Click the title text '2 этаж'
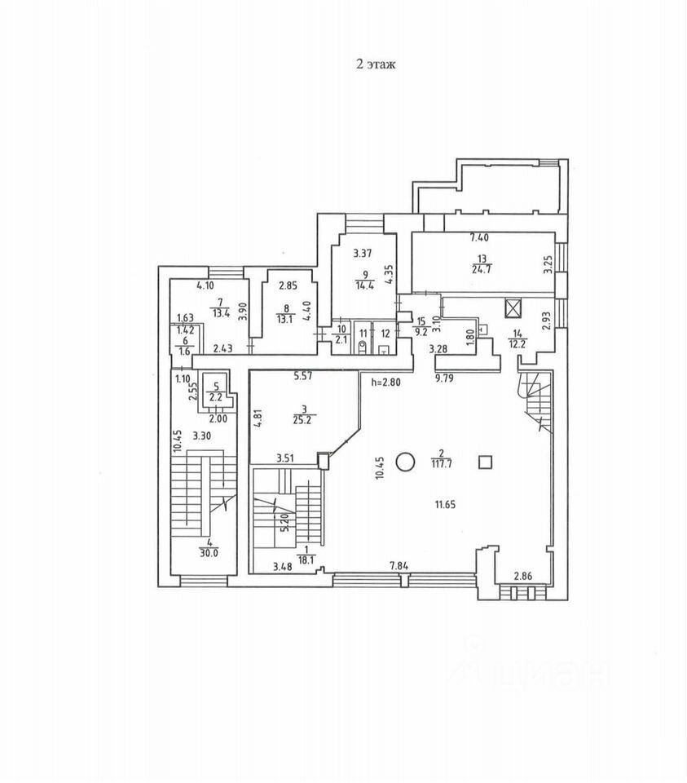pos(375,65)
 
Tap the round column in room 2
pos(405,462)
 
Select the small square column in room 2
pos(486,462)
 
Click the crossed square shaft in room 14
pos(513,308)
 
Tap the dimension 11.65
pos(445,505)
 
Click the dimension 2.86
pos(523,577)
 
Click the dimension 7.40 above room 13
pos(480,238)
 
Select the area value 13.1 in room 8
pos(284,319)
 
